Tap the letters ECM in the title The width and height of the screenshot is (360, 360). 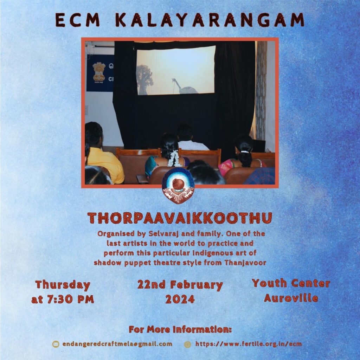[78, 20]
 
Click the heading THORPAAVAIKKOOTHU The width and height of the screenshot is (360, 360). [180, 218]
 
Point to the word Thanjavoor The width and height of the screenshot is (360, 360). [245, 262]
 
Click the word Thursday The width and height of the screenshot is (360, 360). [63, 285]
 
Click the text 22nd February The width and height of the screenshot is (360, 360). [180, 285]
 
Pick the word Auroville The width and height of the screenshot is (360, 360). [291, 298]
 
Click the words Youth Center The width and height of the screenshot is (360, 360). [291, 283]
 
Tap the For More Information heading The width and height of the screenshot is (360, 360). [180, 329]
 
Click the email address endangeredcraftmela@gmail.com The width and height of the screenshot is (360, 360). [117, 344]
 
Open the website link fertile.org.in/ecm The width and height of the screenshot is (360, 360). [249, 344]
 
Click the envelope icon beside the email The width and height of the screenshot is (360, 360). [56, 344]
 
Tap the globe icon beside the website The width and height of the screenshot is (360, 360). [188, 344]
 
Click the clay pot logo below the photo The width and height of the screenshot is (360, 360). [178, 185]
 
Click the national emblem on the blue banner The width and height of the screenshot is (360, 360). [99, 72]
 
